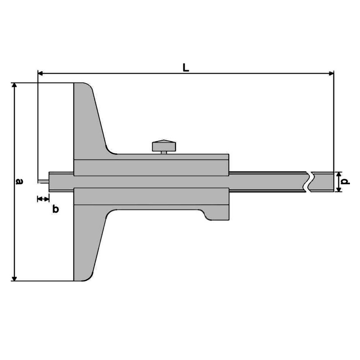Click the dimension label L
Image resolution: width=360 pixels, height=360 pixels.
point(185,67)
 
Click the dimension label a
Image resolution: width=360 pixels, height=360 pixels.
point(19,181)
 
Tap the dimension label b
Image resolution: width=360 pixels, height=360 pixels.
point(55,209)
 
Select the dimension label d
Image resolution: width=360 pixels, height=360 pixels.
point(346,181)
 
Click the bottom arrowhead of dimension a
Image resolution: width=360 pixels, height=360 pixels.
point(14,278)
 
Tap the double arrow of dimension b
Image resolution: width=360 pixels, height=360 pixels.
point(43,198)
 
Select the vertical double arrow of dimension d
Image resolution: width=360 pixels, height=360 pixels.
point(338,181)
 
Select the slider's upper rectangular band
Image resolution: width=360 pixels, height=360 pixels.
point(151,167)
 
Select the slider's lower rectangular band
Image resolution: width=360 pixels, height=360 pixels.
point(151,197)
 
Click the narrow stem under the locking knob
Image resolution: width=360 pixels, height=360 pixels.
point(164,153)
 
